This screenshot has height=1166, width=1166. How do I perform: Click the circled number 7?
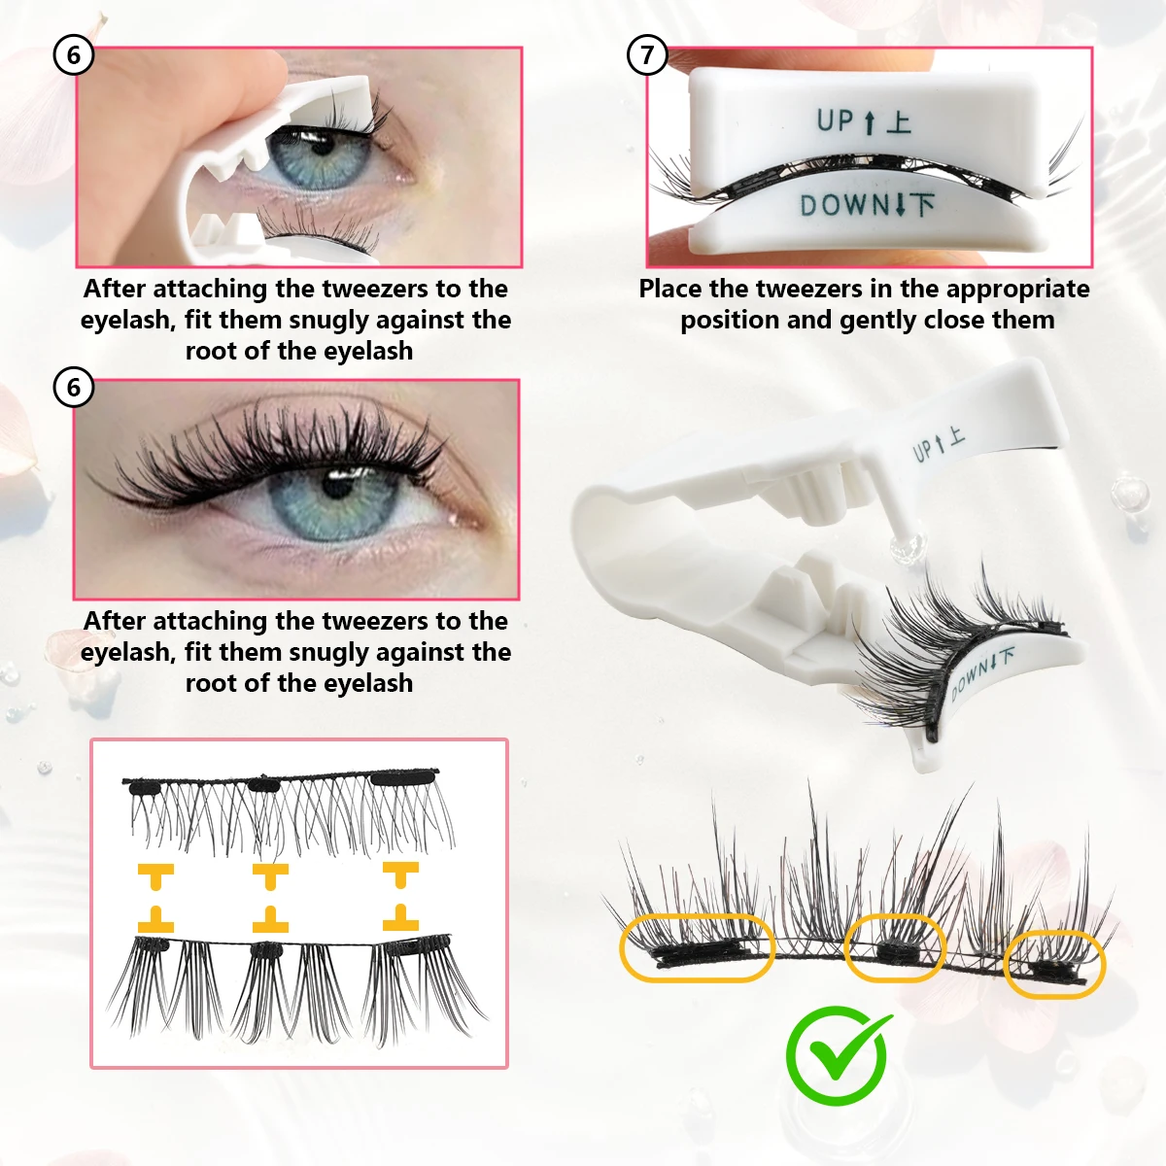pyautogui.click(x=647, y=55)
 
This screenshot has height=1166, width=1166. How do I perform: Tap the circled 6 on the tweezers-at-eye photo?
pyautogui.click(x=73, y=55)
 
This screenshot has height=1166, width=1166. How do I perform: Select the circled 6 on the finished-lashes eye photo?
pyautogui.click(x=73, y=388)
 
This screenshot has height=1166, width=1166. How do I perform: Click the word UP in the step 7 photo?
pyautogui.click(x=835, y=120)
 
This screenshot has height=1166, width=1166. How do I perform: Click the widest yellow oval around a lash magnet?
pyautogui.click(x=697, y=947)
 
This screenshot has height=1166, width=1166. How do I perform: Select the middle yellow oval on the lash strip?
pyautogui.click(x=896, y=947)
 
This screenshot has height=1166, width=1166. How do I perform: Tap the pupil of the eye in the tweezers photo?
pyautogui.click(x=322, y=145)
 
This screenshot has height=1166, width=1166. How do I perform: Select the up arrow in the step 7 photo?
pyautogui.click(x=870, y=121)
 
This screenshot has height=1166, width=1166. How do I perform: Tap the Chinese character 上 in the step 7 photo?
pyautogui.click(x=899, y=121)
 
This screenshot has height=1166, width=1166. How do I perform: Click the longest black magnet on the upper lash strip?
pyautogui.click(x=404, y=777)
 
